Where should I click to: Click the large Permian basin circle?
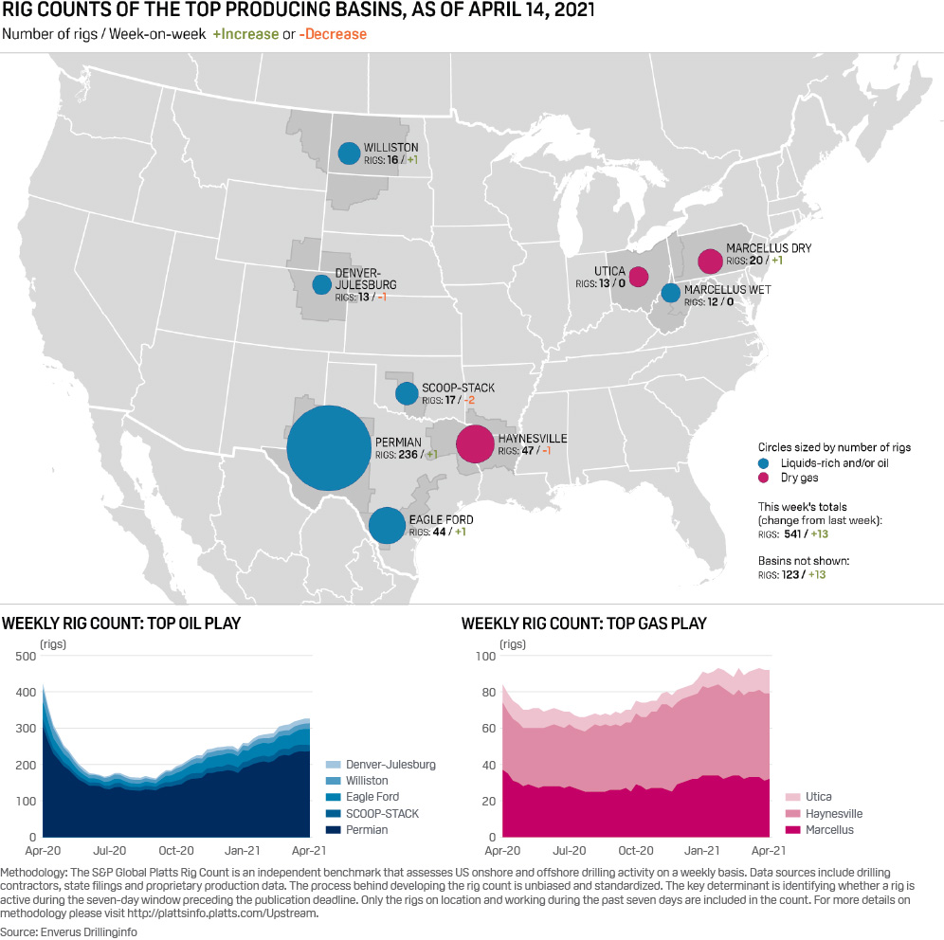(328, 448)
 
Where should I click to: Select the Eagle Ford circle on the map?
(387, 525)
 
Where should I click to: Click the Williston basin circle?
(349, 153)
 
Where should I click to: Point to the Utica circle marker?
(639, 277)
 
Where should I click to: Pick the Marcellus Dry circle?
(710, 261)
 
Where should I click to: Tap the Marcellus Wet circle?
(670, 293)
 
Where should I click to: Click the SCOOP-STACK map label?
(459, 389)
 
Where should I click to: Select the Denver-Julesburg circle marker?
(322, 284)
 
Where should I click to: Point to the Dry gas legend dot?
(764, 479)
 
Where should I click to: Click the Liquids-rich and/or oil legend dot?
(764, 463)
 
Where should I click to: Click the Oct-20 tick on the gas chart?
(636, 851)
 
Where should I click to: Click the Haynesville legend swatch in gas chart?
(790, 814)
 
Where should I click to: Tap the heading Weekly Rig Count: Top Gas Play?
(584, 624)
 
